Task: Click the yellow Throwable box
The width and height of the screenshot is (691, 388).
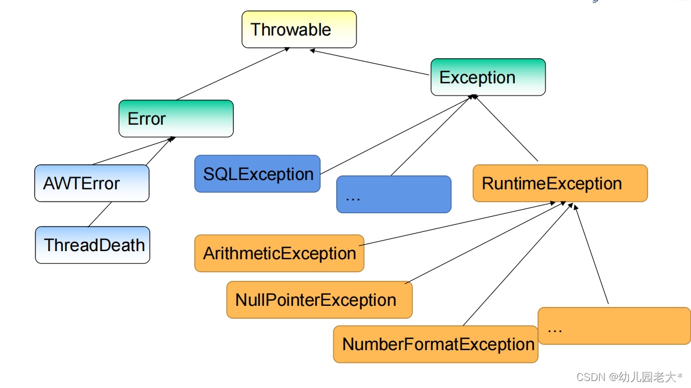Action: tap(299, 29)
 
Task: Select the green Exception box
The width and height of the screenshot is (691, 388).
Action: tap(488, 77)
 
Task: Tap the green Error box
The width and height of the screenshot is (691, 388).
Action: tap(176, 118)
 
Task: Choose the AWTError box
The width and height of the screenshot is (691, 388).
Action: tap(92, 183)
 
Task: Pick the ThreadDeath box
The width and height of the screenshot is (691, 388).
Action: tap(92, 245)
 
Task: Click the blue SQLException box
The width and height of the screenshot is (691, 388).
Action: tap(257, 174)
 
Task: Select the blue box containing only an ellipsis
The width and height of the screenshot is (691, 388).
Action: tap(394, 194)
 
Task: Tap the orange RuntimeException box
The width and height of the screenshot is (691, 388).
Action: tap(560, 183)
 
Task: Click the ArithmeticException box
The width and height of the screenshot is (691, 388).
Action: tap(279, 253)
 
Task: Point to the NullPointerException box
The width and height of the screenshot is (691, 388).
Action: tap(319, 299)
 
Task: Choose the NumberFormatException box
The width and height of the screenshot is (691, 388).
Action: tap(436, 344)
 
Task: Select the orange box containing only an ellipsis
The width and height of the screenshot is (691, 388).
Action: tap(614, 326)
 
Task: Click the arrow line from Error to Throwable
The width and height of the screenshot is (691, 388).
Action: tap(233, 74)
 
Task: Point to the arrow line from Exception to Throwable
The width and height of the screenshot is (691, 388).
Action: tap(369, 62)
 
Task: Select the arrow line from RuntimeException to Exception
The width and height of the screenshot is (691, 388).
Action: tap(507, 128)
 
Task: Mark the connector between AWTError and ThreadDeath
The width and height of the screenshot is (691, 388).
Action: tap(100, 214)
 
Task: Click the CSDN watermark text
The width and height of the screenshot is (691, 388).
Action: tap(629, 377)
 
